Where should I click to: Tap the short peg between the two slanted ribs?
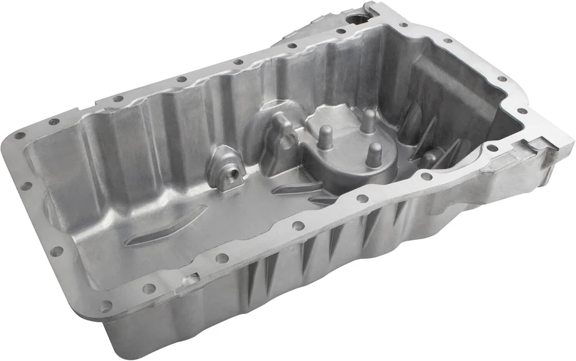coord(430,158)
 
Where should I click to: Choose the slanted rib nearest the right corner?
coord(451,151)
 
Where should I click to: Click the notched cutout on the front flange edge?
coord(190,279)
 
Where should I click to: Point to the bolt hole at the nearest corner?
coord(106,306)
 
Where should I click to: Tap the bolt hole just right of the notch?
coord(222,258)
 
